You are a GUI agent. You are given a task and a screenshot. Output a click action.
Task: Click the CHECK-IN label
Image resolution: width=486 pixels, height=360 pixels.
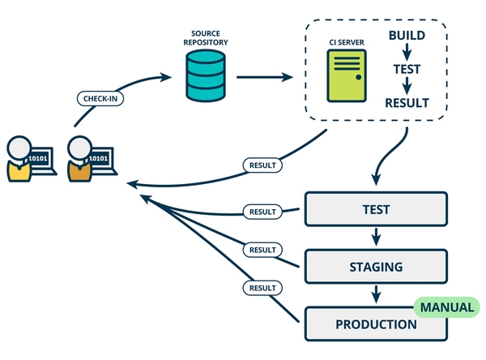point(100,99)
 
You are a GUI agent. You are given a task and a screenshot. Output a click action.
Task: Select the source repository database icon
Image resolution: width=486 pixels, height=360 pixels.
point(202,79)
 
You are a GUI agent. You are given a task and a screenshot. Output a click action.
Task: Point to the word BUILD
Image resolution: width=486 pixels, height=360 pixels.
point(407,36)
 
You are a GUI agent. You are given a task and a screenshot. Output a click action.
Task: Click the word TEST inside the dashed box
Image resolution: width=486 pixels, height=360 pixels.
point(407,70)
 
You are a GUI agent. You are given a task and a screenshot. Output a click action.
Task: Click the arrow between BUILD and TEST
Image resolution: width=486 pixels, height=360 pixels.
point(407,53)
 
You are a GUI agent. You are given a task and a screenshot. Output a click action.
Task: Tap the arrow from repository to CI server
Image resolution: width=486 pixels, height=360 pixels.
point(264,79)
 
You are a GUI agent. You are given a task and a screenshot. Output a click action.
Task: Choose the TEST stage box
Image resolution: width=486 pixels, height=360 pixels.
point(375,210)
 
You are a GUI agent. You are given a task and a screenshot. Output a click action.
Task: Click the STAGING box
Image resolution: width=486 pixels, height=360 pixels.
point(375,265)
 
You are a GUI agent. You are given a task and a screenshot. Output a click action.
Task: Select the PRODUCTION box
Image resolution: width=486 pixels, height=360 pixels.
point(375,324)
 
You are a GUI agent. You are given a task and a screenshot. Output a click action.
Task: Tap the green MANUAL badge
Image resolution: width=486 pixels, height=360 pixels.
point(445,308)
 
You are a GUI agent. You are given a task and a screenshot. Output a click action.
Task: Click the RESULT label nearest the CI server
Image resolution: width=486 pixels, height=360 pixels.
point(262,165)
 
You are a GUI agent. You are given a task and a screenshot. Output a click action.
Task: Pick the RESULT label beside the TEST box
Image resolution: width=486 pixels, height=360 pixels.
point(262,212)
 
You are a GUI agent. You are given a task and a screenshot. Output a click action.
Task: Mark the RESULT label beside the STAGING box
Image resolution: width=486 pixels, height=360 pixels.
point(262,250)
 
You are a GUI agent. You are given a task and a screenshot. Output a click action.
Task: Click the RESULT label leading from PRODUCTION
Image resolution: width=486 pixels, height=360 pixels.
point(262,287)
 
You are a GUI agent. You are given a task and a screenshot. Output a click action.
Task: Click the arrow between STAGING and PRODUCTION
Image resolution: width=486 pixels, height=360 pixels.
point(375,294)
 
